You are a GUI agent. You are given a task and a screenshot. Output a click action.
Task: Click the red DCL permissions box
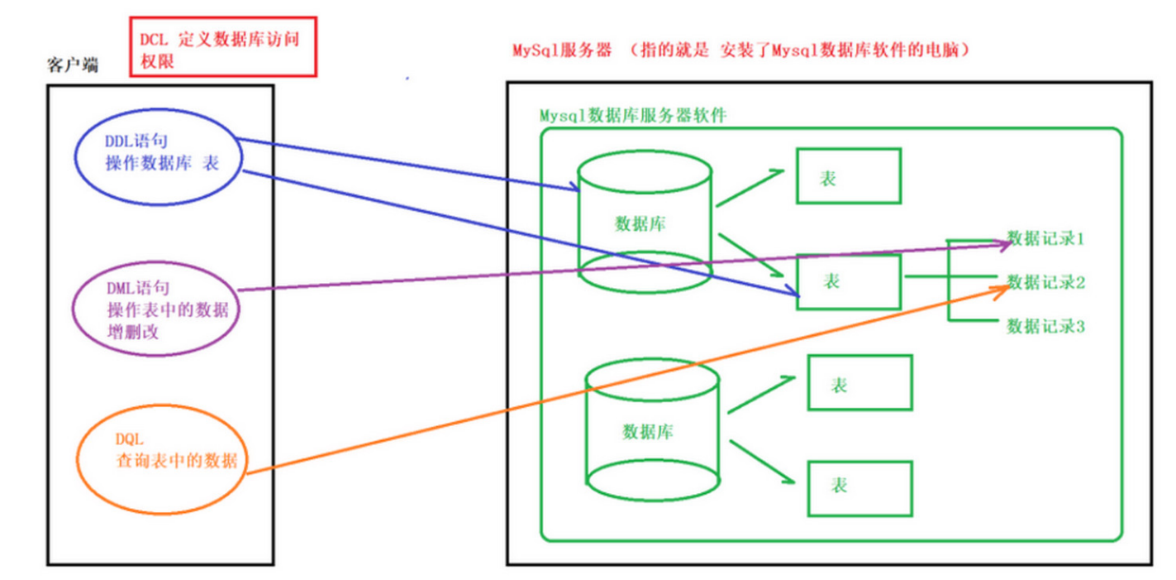point(223,46)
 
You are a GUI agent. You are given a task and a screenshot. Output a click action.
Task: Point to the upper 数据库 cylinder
point(645,222)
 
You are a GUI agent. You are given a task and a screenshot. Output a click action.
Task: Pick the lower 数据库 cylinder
point(651,429)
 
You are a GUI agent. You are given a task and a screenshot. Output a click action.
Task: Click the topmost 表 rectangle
point(848,176)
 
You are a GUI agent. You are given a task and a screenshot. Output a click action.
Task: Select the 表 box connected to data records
point(848,281)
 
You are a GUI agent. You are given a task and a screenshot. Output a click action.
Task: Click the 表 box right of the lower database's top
point(859,382)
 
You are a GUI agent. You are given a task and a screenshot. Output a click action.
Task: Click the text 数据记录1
point(1045,239)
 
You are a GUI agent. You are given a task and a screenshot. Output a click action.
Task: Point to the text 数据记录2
point(1046,282)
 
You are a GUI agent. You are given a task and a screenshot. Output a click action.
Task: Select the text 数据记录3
point(1045,326)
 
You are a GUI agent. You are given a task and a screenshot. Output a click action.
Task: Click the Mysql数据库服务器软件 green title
point(632,115)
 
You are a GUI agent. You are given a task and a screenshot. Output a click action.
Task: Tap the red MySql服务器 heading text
point(562,50)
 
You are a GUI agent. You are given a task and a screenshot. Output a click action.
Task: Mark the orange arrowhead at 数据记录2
point(1002,285)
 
